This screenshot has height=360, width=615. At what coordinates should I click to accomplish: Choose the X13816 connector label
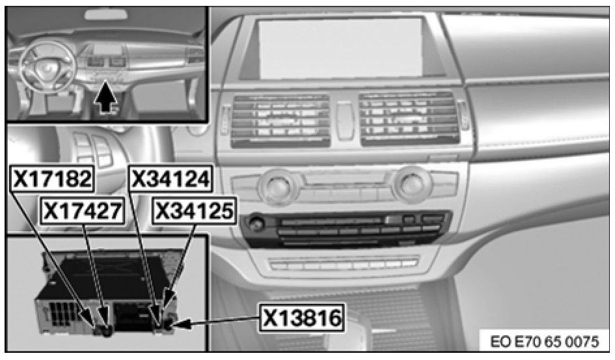(x=303, y=318)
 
